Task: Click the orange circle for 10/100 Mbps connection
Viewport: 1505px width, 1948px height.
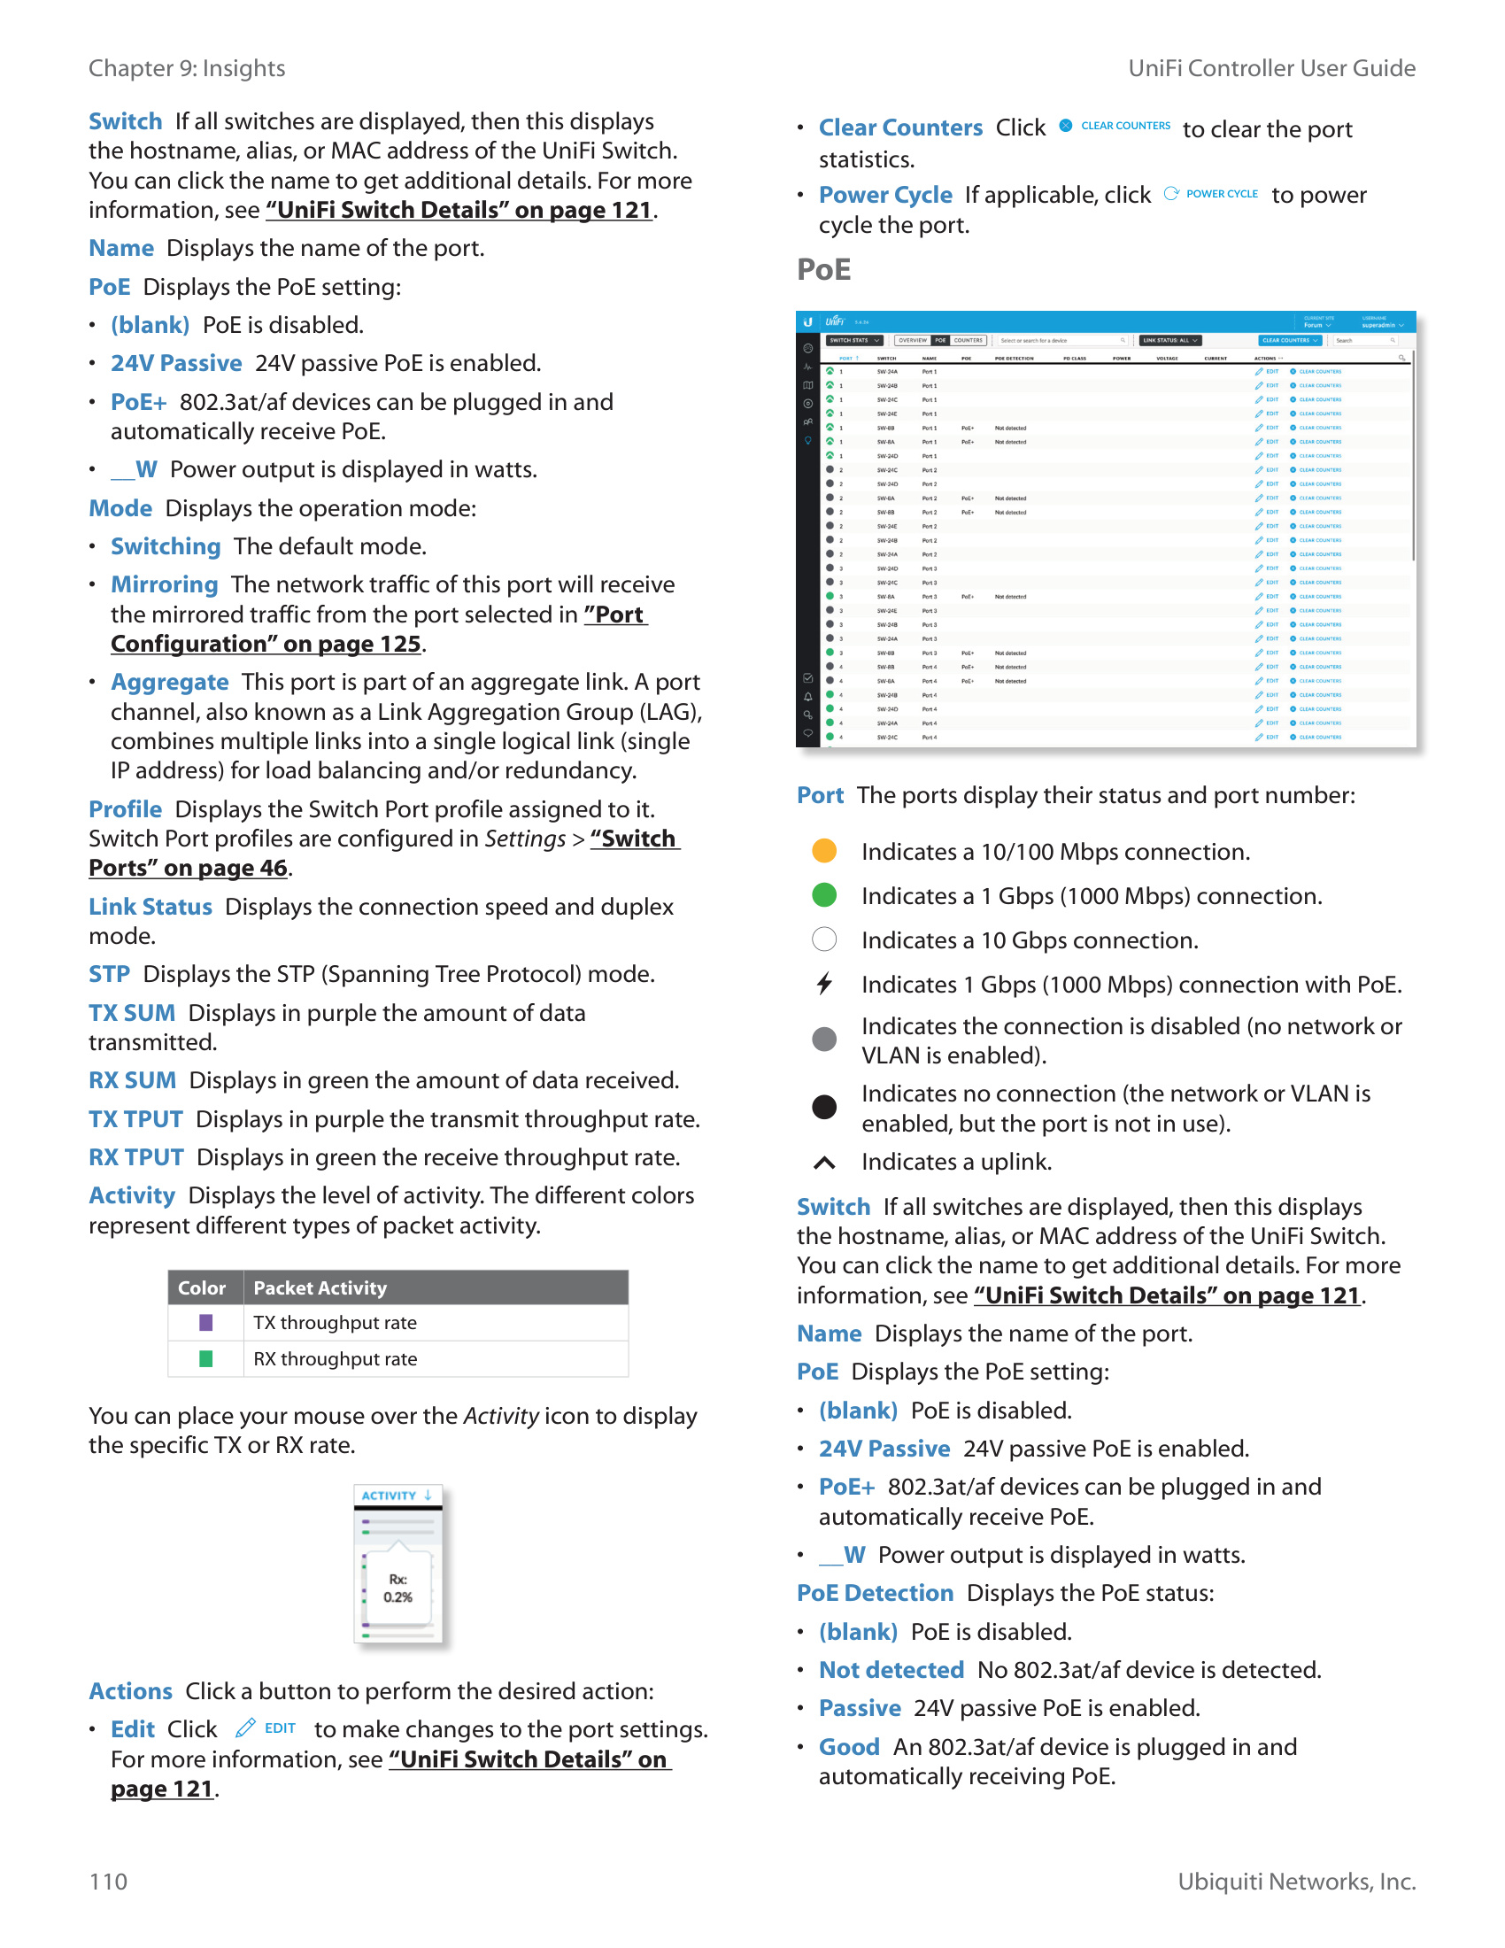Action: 824,851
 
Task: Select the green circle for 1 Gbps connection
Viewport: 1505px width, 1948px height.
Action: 824,894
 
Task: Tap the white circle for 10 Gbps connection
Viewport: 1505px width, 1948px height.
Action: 824,939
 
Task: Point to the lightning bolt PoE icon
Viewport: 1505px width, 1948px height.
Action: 824,984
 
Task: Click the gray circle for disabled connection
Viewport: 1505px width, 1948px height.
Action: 824,1040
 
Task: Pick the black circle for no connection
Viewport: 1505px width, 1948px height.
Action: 824,1107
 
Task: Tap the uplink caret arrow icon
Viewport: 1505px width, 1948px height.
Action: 824,1163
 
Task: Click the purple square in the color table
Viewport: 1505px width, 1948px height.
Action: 205,1323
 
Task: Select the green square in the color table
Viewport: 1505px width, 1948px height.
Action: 205,1359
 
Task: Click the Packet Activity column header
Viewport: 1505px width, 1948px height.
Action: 320,1288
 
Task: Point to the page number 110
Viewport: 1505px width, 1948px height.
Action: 108,1882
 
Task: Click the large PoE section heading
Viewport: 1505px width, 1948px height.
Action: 823,269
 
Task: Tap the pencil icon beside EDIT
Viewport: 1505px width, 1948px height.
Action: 245,1728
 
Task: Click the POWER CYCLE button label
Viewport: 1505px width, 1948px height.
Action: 1221,194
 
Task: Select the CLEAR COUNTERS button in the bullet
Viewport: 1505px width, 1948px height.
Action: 1124,126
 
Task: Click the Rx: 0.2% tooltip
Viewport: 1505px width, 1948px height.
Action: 397,1589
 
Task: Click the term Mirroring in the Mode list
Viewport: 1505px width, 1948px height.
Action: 164,584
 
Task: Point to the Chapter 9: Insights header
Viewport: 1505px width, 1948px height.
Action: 186,69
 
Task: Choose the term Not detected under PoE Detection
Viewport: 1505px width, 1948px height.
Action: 891,1670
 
